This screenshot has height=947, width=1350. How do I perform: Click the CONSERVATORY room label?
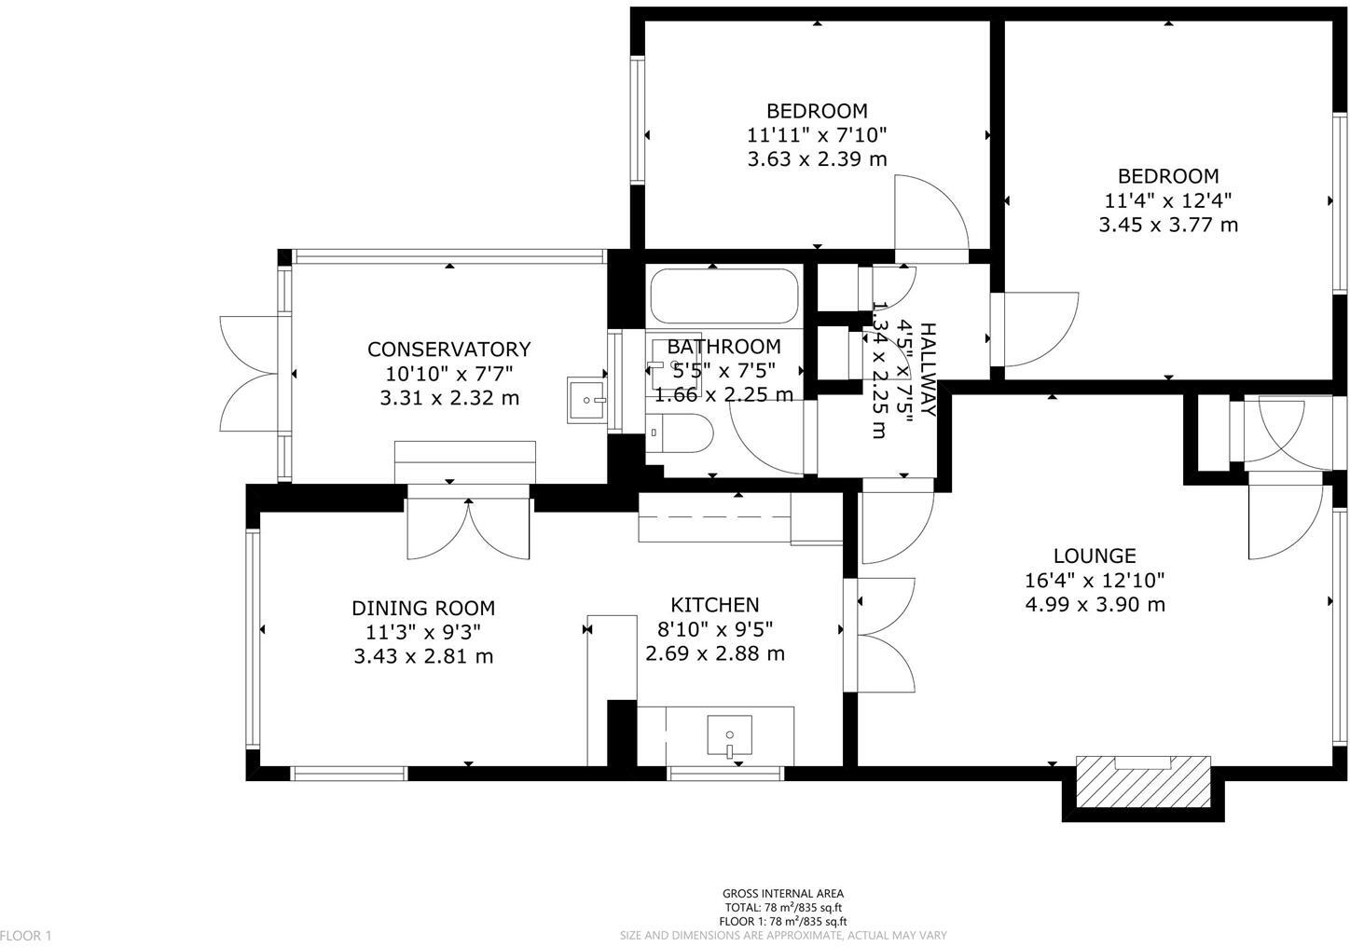pyautogui.click(x=448, y=349)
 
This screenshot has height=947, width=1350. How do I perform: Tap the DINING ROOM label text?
pyautogui.click(x=422, y=608)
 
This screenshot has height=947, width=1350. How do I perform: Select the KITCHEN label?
pyautogui.click(x=714, y=605)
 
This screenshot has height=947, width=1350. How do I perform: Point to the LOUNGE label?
pyautogui.click(x=1094, y=556)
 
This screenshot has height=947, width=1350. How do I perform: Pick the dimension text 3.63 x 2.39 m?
pyautogui.click(x=817, y=158)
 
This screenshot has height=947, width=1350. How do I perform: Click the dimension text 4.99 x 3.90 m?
pyautogui.click(x=1094, y=604)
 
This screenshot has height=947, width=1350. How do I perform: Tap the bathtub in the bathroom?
pyautogui.click(x=723, y=295)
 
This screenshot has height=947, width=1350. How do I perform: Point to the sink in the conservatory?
pyautogui.click(x=587, y=401)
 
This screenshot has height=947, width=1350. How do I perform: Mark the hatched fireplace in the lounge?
pyautogui.click(x=1143, y=781)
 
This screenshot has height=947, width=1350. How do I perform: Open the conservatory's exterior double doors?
pyautogui.click(x=250, y=373)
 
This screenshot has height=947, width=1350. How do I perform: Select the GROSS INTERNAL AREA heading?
pyautogui.click(x=783, y=893)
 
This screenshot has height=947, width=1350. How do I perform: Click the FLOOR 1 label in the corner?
pyautogui.click(x=27, y=935)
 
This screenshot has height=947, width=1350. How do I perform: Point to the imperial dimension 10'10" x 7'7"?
pyautogui.click(x=448, y=374)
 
